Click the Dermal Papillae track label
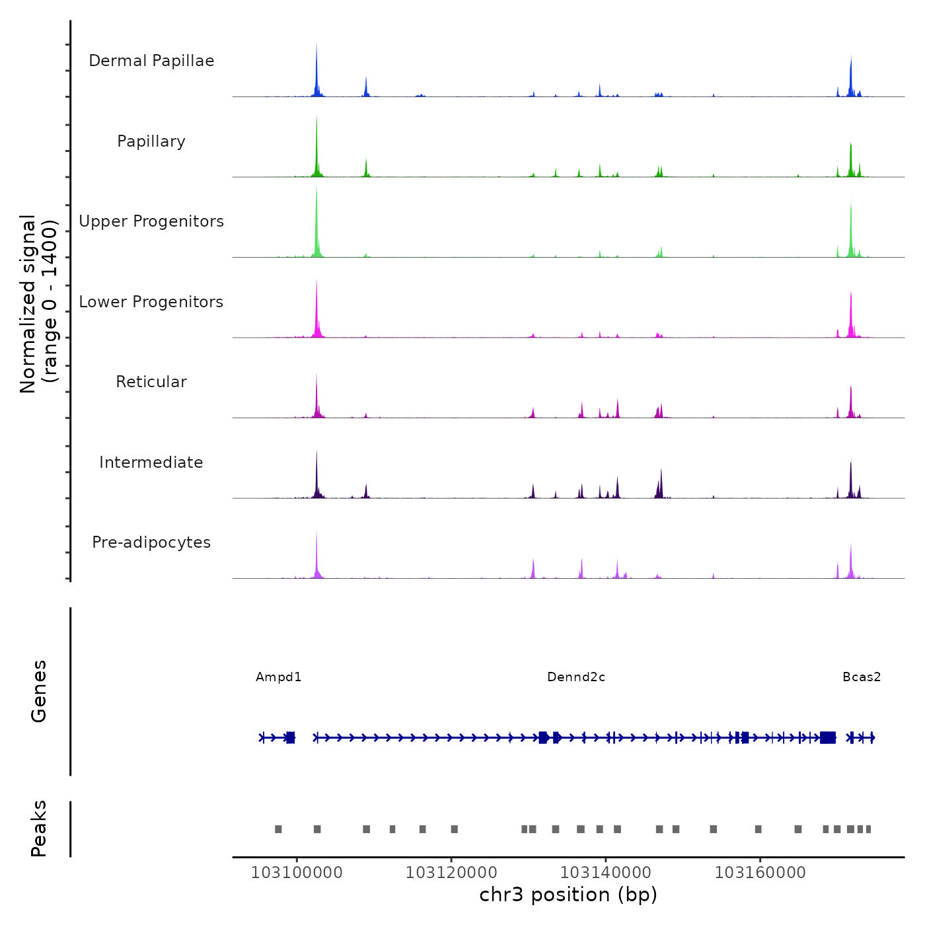[151, 61]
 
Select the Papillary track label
[151, 141]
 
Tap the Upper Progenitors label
[151, 221]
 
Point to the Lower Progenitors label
[151, 302]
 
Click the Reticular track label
[151, 382]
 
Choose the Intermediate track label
[151, 462]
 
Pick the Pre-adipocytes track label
[151, 542]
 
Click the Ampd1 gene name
[279, 677]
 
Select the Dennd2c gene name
[576, 677]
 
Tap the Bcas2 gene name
[862, 677]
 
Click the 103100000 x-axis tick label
[297, 873]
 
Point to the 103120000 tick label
[451, 873]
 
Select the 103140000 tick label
[606, 873]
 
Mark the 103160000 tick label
[760, 873]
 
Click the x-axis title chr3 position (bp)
[568, 895]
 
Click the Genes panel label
[39, 691]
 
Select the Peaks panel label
[39, 829]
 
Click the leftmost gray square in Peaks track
[278, 829]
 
